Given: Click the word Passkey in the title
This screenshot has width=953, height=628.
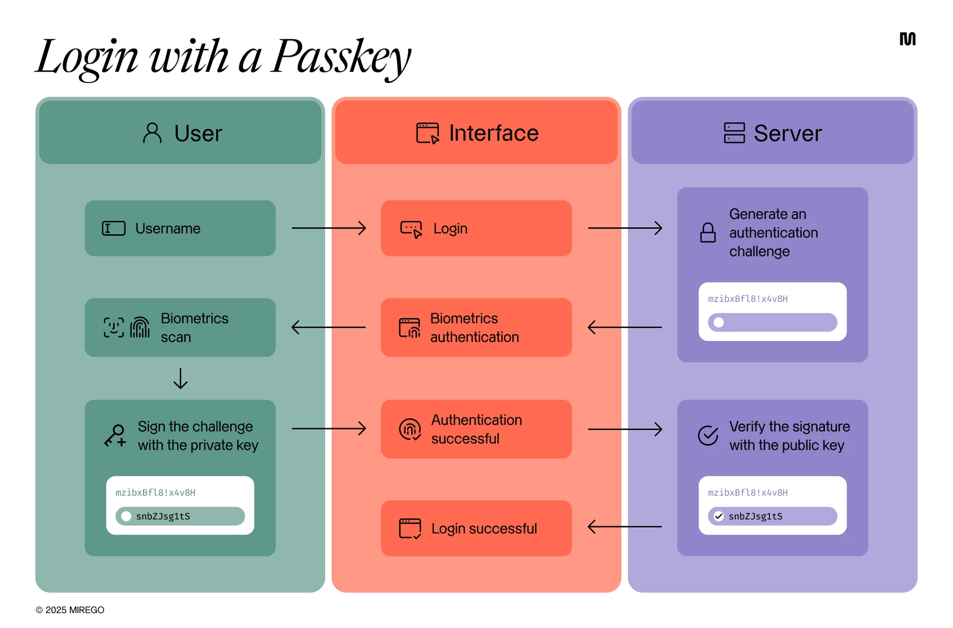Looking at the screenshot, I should click(341, 57).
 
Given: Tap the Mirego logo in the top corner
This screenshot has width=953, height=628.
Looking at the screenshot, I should click(907, 39).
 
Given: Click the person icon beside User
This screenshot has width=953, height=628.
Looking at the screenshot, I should click(152, 133).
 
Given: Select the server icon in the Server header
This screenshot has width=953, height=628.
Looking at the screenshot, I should click(734, 133).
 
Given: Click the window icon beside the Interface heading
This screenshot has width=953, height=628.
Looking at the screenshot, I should click(427, 133).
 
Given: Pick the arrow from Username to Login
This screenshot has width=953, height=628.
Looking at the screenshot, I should click(329, 228).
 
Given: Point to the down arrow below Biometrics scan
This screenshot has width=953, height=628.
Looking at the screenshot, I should click(180, 378).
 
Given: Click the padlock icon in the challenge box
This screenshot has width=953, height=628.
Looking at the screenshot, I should click(708, 232).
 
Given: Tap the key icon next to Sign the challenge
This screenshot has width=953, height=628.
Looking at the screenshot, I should click(115, 436).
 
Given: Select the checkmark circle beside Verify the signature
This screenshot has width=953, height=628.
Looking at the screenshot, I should click(708, 435).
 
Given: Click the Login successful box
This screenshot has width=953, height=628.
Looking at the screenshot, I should click(476, 528).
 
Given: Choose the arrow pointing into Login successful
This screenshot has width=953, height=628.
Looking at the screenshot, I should click(624, 526).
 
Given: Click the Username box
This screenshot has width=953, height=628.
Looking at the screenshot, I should click(180, 228).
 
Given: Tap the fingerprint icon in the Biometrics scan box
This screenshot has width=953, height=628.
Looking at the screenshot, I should click(140, 328).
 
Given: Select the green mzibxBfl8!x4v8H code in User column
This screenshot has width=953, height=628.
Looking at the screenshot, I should click(155, 492).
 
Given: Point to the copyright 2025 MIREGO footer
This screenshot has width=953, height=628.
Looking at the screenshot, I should click(70, 610).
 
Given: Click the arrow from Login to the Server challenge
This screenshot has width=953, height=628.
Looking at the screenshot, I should click(625, 228).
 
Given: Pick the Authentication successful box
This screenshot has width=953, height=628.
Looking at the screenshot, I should click(476, 429).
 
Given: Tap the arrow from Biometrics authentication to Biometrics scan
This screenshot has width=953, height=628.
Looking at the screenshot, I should click(329, 327).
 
